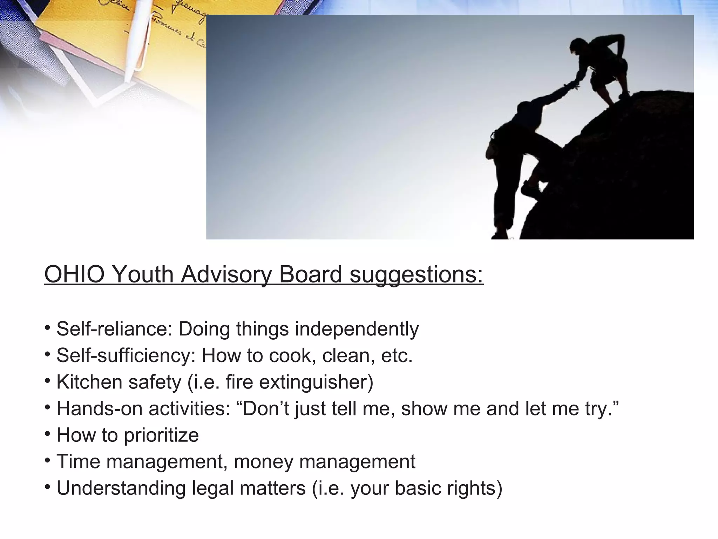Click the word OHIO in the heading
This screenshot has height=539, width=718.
(x=74, y=274)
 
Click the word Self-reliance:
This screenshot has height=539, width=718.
(x=114, y=329)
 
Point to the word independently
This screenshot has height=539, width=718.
(x=357, y=330)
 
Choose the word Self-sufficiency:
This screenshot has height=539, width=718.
(x=126, y=355)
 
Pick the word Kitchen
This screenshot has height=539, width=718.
(x=89, y=382)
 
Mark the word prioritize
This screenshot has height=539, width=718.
(x=161, y=435)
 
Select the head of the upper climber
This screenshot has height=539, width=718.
(x=577, y=46)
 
